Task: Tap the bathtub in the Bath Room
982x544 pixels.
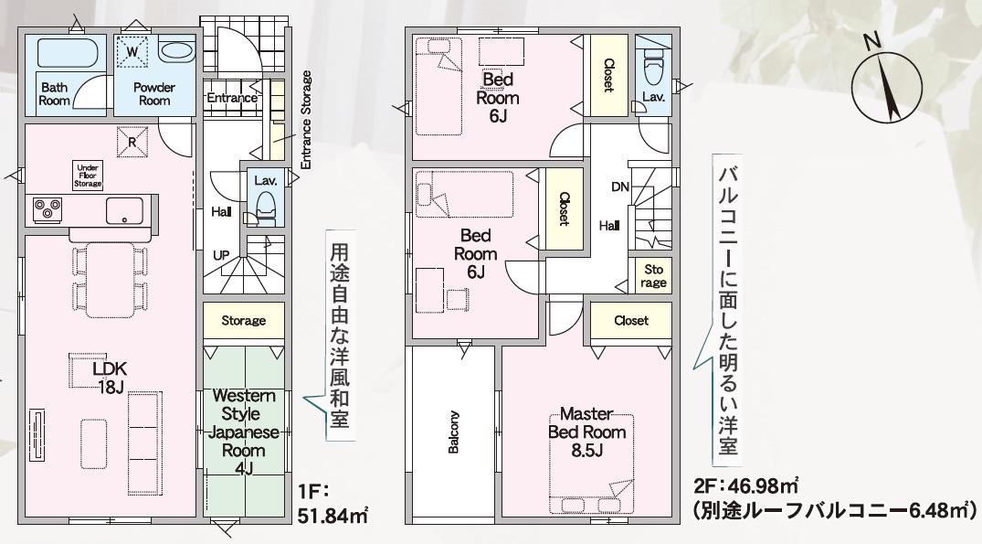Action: (x=68, y=53)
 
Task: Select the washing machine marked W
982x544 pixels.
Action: (x=132, y=52)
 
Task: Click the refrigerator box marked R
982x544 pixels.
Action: (x=132, y=143)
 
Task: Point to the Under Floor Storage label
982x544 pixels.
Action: (x=88, y=176)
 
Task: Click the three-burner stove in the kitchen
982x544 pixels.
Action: (x=48, y=210)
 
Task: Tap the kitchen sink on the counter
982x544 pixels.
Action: (x=124, y=210)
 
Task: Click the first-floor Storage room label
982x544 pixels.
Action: (x=244, y=321)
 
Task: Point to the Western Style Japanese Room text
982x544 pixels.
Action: (x=244, y=423)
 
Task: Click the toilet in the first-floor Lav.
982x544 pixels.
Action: (x=266, y=208)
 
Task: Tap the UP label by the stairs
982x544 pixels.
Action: (x=221, y=256)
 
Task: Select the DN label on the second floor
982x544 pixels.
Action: (x=620, y=187)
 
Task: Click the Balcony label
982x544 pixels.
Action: (x=453, y=432)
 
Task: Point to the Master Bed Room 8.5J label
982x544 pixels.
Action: (x=586, y=432)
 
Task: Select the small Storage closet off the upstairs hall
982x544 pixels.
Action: (x=653, y=276)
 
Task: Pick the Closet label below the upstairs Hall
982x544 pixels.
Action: (x=631, y=321)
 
